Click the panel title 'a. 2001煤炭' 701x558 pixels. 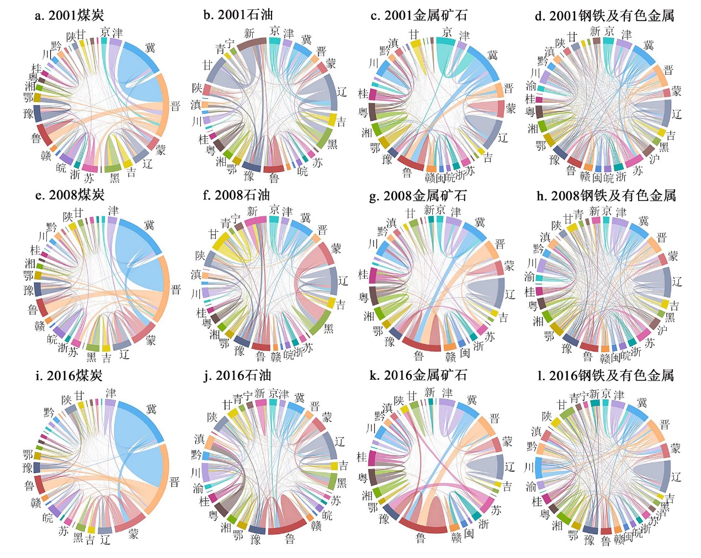tap(69, 15)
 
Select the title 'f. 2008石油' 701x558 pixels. tap(236, 195)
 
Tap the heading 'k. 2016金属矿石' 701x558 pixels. tap(418, 375)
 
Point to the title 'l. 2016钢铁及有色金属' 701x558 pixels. tap(606, 376)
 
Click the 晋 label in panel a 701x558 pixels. tap(176, 106)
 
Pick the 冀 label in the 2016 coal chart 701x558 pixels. tap(152, 409)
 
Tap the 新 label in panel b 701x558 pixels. tap(249, 34)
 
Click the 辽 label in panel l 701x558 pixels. tap(677, 477)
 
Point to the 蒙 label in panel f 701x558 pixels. tap(336, 249)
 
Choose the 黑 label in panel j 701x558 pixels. tap(342, 483)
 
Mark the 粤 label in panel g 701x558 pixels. tap(364, 297)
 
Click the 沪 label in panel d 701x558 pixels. tap(655, 159)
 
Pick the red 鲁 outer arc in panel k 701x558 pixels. tap(422, 527)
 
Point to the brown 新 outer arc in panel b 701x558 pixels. tap(252, 43)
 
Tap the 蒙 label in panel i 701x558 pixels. tap(134, 534)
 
